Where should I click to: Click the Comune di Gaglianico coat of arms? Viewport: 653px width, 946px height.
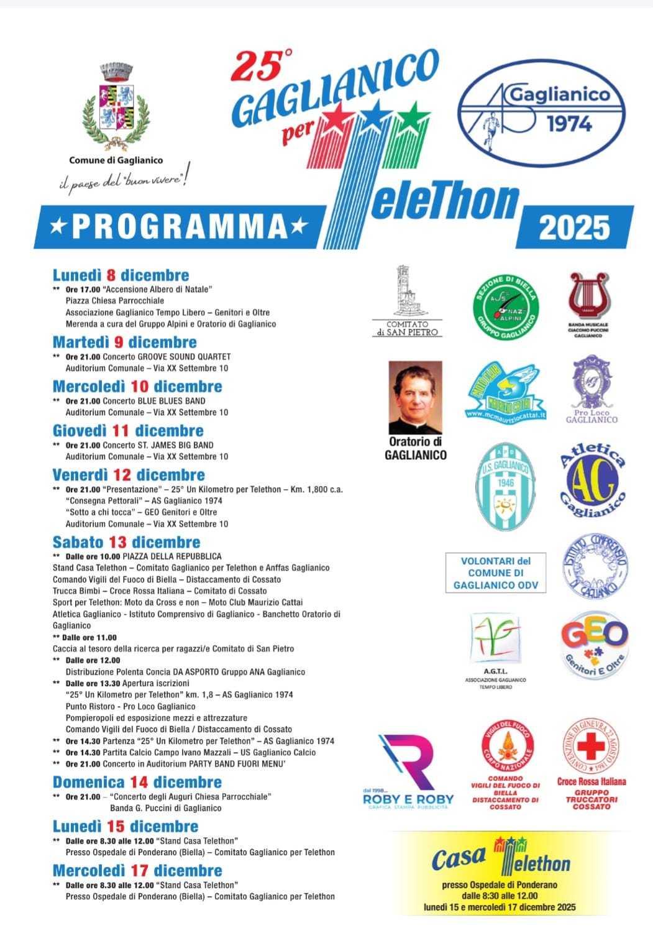tap(116, 106)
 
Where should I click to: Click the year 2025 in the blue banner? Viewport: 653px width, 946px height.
tap(574, 227)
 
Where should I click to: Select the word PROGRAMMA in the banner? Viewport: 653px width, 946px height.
tap(180, 226)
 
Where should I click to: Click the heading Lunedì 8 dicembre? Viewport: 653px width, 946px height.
tap(121, 275)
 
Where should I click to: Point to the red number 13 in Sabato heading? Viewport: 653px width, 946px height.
tap(117, 542)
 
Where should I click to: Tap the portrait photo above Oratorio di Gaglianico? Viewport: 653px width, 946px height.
tap(415, 397)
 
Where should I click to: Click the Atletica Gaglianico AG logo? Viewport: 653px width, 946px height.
tap(593, 480)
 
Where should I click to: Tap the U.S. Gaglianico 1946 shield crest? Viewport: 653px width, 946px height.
tap(506, 487)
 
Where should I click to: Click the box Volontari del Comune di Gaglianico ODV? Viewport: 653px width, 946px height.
tap(496, 572)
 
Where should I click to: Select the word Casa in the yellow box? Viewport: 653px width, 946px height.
tap(458, 859)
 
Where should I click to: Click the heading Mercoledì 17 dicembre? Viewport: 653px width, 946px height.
tap(137, 871)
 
